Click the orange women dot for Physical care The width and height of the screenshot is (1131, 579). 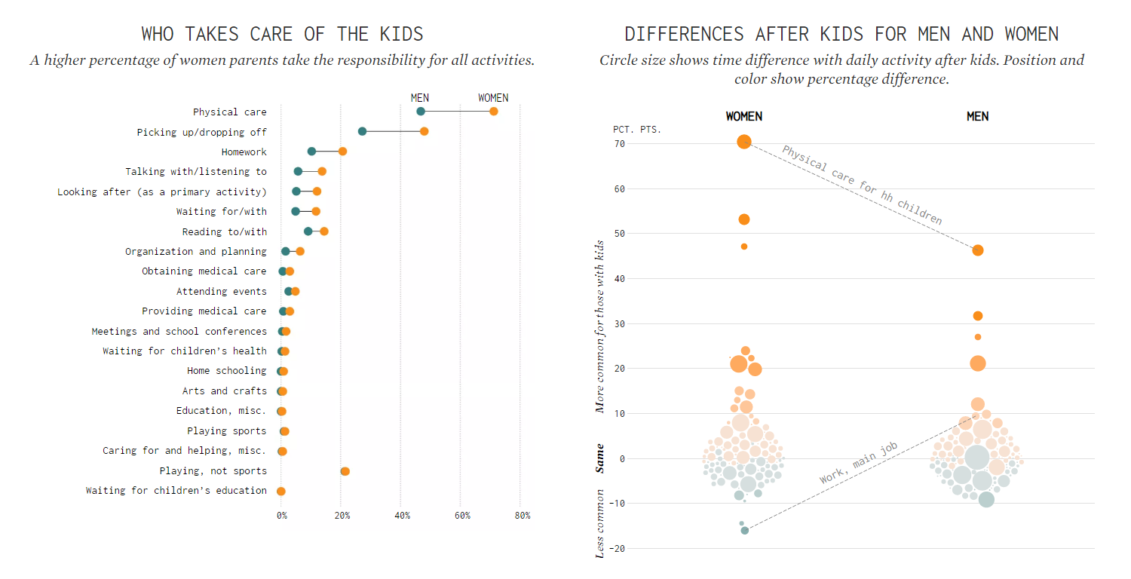493,112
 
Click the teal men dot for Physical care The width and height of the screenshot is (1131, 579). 421,112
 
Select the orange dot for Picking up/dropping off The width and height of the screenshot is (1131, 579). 424,131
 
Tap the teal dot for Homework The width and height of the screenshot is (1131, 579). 311,152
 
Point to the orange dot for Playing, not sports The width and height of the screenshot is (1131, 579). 345,471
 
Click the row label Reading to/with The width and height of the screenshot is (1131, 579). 224,231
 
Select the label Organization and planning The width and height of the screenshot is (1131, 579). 195,251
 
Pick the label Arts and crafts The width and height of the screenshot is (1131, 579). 224,391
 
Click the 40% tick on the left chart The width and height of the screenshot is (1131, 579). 402,516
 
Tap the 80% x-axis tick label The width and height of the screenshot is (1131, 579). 522,516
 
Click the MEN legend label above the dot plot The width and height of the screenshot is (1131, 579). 419,98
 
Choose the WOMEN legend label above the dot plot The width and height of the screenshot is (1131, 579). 493,98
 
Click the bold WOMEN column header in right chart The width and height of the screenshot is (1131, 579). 743,116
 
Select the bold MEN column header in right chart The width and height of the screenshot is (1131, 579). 977,116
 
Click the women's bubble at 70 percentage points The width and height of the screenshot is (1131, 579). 744,142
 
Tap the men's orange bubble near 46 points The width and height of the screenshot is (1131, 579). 978,250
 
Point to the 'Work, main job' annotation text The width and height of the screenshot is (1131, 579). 859,463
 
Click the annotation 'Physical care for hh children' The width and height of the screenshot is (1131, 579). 862,185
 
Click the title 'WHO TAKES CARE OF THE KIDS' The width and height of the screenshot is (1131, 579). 282,34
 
